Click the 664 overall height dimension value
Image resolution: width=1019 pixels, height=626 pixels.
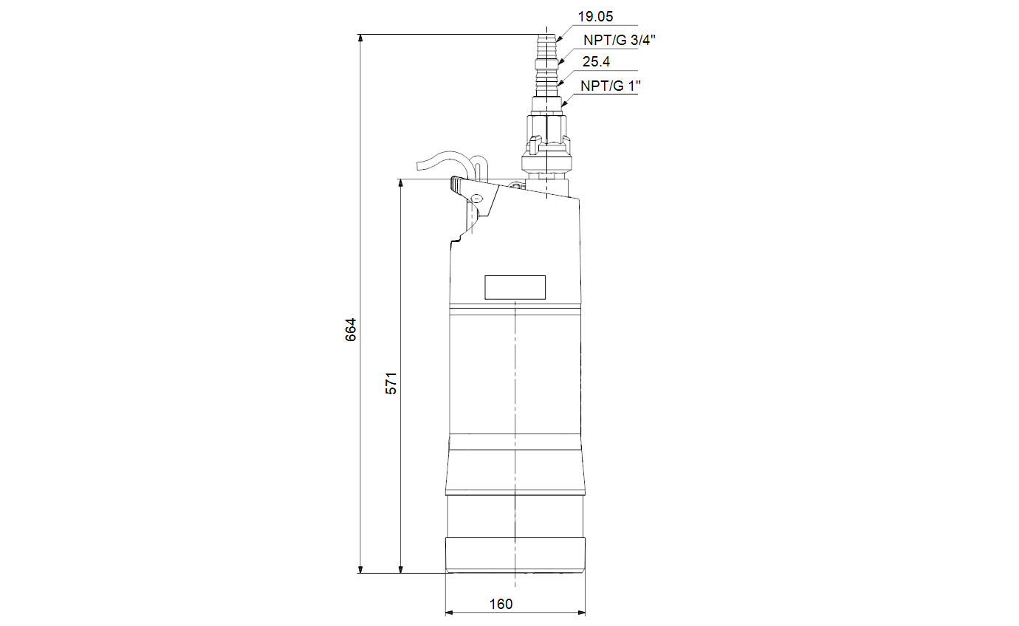tap(351, 330)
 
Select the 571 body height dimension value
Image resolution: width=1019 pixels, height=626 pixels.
tap(391, 384)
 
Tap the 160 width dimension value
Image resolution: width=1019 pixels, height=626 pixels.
tap(501, 604)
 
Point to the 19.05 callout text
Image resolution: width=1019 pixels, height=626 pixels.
tap(595, 17)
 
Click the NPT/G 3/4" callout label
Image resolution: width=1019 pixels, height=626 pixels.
tap(620, 40)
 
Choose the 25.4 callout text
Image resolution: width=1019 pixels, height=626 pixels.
tap(597, 61)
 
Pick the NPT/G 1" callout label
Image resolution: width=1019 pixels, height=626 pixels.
tap(611, 86)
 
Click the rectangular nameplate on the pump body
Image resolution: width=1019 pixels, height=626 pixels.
tap(515, 287)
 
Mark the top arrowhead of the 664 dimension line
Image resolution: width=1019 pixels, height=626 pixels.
tap(360, 38)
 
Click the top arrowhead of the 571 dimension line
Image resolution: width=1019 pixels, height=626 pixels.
tap(401, 183)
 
